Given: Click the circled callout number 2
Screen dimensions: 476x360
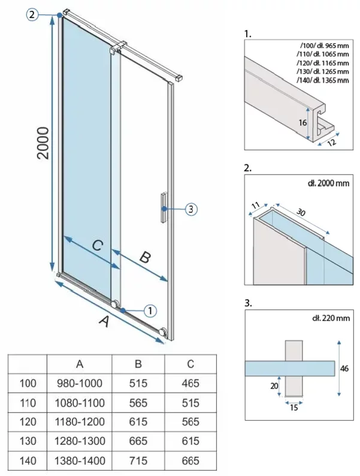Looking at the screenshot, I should tap(32, 15).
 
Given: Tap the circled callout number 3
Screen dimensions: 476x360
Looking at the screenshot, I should tap(190, 209).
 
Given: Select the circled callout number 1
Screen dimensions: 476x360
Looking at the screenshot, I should tap(150, 311).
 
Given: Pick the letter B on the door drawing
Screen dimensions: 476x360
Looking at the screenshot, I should tap(144, 258).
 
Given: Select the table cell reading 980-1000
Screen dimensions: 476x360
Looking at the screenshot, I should tap(80, 383).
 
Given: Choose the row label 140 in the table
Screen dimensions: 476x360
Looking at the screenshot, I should tap(28, 461).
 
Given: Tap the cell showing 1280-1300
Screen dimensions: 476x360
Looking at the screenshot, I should tap(80, 441).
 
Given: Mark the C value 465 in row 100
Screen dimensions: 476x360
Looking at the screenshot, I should tap(190, 383).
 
